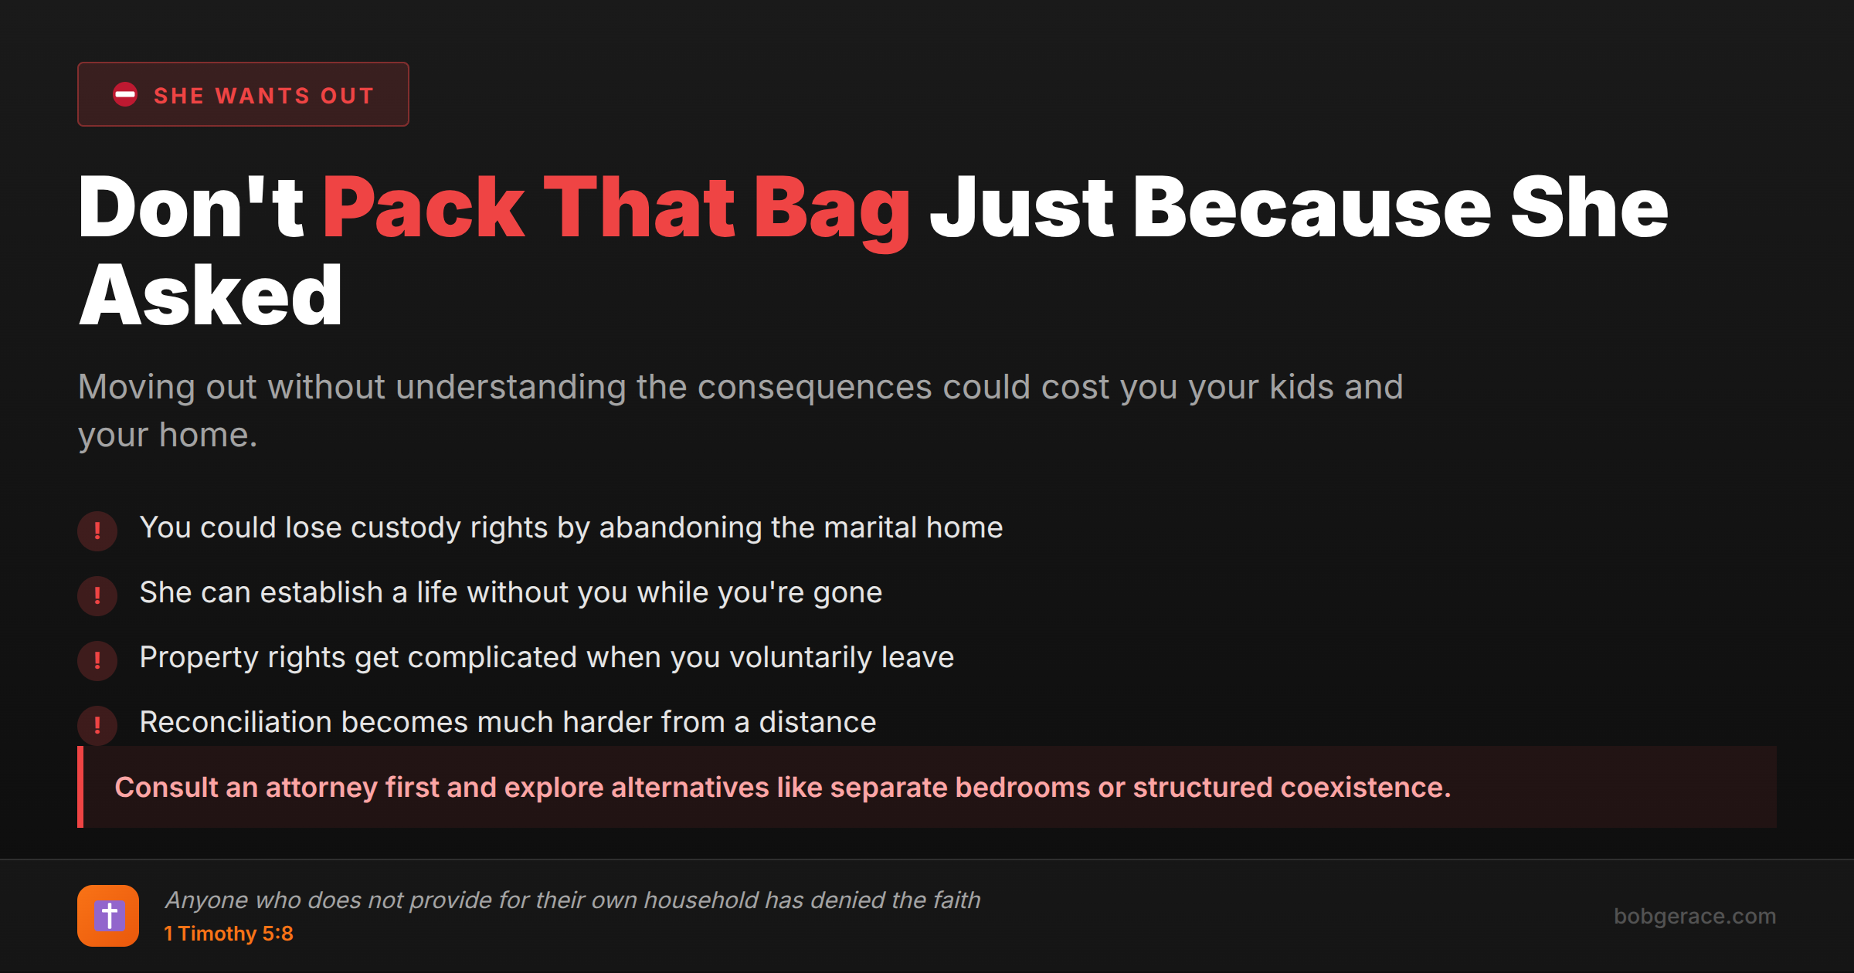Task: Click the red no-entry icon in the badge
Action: coord(125,94)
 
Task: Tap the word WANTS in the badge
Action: coord(263,96)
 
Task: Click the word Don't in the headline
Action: coord(192,206)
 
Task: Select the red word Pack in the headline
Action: coord(423,206)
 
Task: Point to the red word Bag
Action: coord(832,212)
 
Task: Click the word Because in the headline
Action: coord(1312,206)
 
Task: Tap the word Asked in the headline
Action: coord(211,294)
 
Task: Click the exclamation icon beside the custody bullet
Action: coord(97,531)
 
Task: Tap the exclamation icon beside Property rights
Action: coord(97,660)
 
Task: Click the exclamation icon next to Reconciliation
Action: coord(97,725)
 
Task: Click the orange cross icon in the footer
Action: coord(108,916)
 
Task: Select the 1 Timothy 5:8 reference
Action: coord(229,934)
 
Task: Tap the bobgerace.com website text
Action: coord(1695,917)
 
